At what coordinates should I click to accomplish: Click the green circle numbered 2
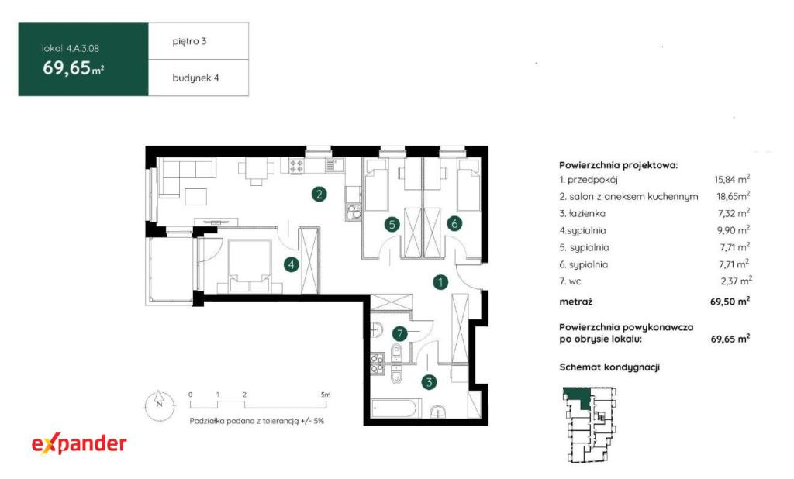click(x=319, y=194)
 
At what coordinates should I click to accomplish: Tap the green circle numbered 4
click(x=292, y=264)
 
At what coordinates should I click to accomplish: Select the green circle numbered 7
click(x=400, y=334)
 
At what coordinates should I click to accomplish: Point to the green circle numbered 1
click(x=440, y=282)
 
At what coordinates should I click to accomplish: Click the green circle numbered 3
click(x=429, y=382)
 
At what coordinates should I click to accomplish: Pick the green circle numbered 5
click(x=392, y=224)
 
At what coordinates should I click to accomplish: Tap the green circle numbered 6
click(x=454, y=222)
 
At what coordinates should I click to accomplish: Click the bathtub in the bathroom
click(x=396, y=408)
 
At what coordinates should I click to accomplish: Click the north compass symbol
click(x=160, y=405)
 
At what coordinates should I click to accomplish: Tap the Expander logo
click(x=80, y=444)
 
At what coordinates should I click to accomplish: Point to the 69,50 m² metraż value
click(x=730, y=302)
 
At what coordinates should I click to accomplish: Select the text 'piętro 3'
click(x=189, y=42)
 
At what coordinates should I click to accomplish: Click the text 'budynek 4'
click(x=196, y=78)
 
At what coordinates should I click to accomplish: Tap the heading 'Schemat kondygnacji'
click(x=609, y=367)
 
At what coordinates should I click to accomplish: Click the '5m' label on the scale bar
click(x=326, y=395)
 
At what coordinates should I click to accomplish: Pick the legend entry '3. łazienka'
click(x=582, y=213)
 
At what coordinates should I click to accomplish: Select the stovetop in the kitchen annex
click(x=296, y=165)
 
